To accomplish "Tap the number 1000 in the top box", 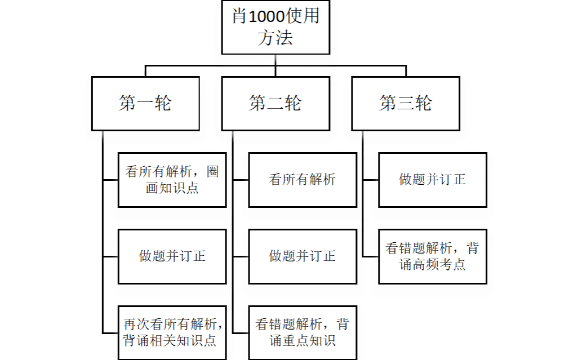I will click(267, 17).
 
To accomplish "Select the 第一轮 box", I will click(145, 104).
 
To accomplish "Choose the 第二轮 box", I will click(275, 104).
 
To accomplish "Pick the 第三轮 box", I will click(406, 104).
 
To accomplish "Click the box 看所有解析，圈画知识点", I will click(172, 180).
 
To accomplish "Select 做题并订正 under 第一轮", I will click(172, 256).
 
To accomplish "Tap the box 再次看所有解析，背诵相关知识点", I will click(172, 332).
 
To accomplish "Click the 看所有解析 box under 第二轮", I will click(302, 180).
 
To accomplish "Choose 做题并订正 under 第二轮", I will click(302, 256).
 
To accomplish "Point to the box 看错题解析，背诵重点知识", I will click(302, 332).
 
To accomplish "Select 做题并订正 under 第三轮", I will click(432, 180).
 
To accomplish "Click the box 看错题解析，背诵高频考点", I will click(432, 256).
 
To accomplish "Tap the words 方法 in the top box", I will click(275, 38).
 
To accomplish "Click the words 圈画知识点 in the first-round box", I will click(172, 188).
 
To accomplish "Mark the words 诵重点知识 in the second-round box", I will click(302, 341).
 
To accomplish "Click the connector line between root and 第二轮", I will click(275, 66).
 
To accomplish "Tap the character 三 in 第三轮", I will click(406, 104).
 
